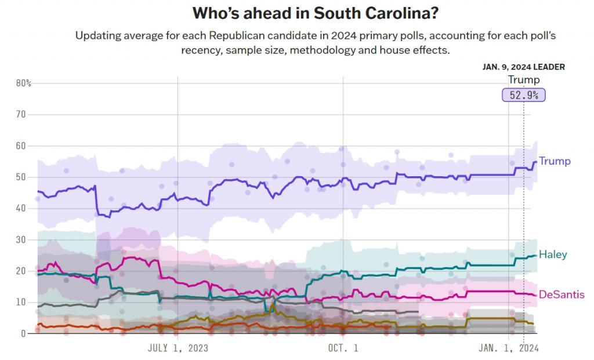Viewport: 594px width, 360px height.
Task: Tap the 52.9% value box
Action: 524,94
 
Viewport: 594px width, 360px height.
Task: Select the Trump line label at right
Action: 555,161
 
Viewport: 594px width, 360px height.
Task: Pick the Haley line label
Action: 553,254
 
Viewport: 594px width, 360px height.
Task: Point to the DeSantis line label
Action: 562,294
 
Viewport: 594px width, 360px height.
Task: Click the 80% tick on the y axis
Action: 23,83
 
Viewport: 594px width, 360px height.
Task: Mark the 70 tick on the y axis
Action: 21,115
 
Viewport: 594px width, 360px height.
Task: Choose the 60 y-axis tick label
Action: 21,146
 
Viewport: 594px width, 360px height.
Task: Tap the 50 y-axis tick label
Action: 21,177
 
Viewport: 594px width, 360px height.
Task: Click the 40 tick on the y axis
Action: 21,209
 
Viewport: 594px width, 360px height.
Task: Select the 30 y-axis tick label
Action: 21,240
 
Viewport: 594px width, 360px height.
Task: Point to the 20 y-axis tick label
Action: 21,271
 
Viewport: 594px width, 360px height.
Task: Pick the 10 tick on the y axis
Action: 21,303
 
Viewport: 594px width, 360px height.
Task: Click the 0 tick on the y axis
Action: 24,334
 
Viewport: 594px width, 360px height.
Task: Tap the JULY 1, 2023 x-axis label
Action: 178,348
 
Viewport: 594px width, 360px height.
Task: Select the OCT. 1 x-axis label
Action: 343,348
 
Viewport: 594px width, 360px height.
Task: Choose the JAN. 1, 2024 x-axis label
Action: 508,348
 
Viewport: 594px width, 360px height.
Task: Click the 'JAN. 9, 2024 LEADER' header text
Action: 523,67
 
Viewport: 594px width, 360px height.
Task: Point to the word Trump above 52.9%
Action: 523,80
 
